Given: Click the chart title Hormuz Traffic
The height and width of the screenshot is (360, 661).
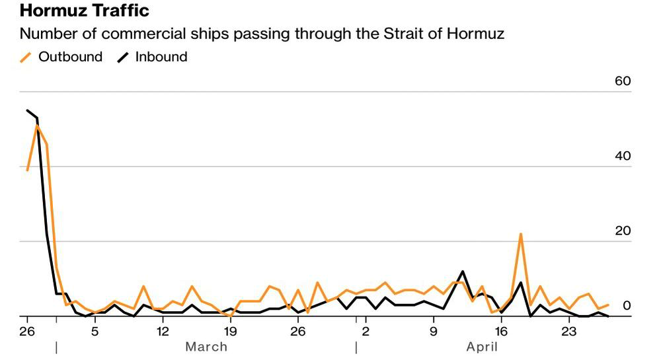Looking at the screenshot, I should click(x=85, y=11).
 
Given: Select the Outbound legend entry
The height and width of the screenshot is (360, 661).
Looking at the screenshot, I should click(x=62, y=57).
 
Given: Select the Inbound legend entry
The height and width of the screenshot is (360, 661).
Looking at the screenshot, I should click(x=153, y=57).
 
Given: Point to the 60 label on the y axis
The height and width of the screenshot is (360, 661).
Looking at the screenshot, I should click(x=623, y=81).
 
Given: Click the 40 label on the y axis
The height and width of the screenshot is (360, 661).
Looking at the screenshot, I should click(x=623, y=157).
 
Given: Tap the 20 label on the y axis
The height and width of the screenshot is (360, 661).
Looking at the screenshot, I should click(x=623, y=231).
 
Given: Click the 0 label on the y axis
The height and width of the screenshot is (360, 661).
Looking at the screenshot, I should click(x=627, y=306).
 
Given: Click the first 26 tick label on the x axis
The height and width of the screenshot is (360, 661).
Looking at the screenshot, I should click(x=27, y=330).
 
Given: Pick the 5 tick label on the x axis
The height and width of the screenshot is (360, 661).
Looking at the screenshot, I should click(x=95, y=330).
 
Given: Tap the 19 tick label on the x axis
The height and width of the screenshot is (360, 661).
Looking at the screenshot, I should click(x=231, y=330).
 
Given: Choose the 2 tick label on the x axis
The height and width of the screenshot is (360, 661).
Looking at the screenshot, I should click(x=365, y=330).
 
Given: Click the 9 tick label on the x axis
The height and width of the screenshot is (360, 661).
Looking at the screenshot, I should click(x=434, y=330).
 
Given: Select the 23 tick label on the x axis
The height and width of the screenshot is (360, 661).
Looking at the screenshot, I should click(x=569, y=330).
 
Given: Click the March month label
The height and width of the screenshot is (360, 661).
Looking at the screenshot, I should click(x=206, y=347).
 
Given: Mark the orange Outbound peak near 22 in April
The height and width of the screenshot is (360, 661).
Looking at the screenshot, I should click(x=521, y=234).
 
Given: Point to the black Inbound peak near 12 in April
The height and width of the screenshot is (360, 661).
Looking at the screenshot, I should click(x=463, y=271).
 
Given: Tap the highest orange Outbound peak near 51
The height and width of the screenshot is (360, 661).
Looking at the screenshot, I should click(x=37, y=126).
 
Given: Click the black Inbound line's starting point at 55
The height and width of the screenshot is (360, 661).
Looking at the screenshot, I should click(x=27, y=110).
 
